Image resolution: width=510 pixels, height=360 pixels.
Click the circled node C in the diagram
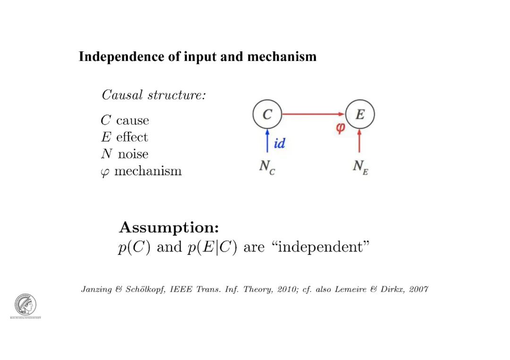267,115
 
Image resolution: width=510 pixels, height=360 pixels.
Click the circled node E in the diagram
360,115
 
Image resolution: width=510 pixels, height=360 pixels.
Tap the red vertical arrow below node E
360,141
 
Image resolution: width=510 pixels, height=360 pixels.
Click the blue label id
280,143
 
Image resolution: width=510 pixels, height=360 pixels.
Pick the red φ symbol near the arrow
340,128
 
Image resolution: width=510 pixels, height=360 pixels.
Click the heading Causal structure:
154,95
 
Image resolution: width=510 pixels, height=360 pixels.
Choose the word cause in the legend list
133,121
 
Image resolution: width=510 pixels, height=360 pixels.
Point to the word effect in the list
132,137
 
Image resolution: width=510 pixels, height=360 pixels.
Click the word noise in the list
133,154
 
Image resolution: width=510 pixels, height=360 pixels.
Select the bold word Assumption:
169,228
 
